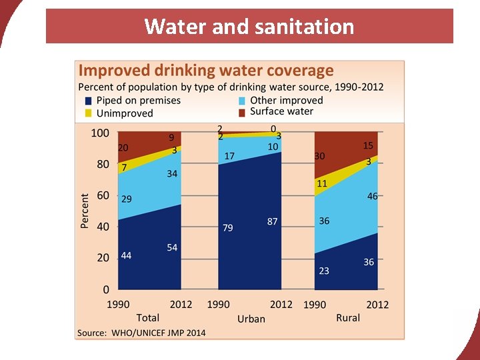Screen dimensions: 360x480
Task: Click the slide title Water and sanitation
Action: tap(249, 27)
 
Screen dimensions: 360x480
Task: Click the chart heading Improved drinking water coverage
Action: tap(206, 71)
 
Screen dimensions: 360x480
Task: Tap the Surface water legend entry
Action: tap(281, 111)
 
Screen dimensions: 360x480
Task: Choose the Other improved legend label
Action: tap(286, 100)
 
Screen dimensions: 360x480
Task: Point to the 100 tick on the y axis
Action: tap(100, 133)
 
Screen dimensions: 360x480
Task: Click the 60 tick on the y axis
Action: tap(103, 195)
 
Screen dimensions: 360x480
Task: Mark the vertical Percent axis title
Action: tap(85, 211)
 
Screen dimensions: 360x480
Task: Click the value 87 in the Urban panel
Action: tap(272, 221)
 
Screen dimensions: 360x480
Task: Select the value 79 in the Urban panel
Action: tap(227, 228)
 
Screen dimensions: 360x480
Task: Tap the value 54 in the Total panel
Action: tap(172, 247)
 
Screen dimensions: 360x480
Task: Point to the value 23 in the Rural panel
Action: tap(324, 271)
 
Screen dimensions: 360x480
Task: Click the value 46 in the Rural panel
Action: tap(372, 196)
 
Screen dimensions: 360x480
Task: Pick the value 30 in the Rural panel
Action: tap(320, 156)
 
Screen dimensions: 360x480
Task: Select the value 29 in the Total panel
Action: tap(126, 199)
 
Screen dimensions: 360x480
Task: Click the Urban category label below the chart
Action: tap(251, 319)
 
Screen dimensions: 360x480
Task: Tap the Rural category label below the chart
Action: tap(347, 318)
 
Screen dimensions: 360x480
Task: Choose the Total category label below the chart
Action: tap(147, 318)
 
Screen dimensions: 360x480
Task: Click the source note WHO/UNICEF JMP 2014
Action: tap(142, 332)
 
